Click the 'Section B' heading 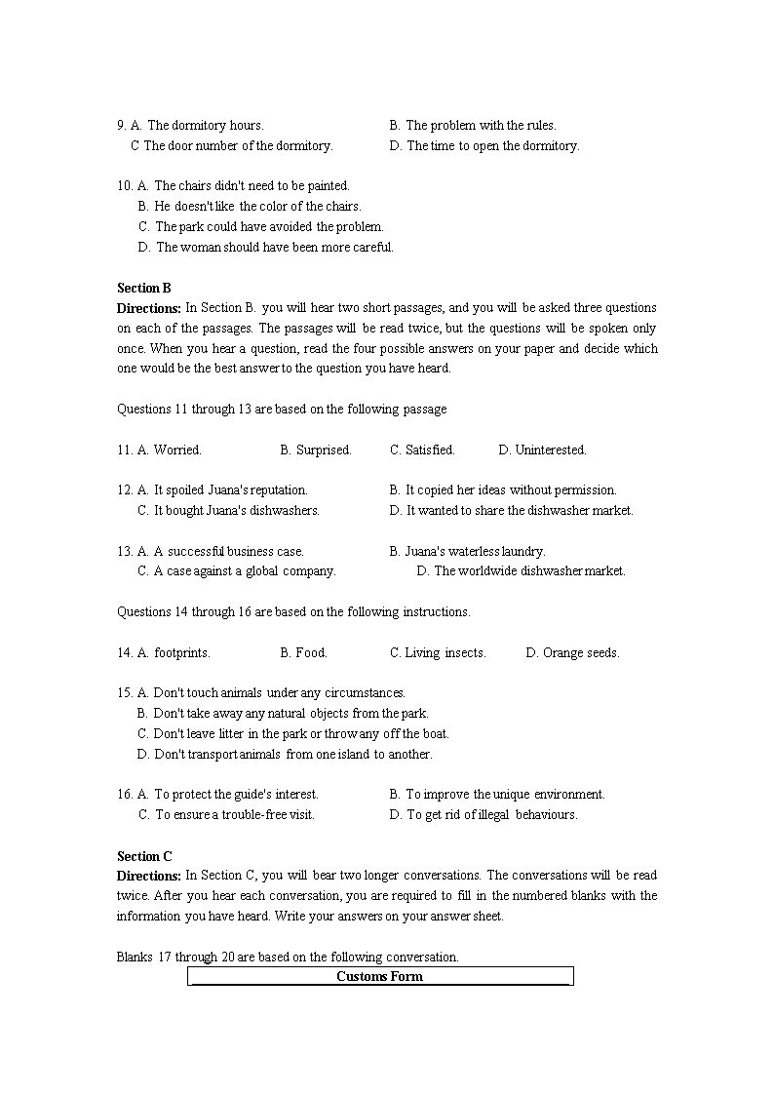(144, 288)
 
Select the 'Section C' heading (144, 856)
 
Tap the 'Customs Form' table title (379, 976)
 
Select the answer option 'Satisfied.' (429, 450)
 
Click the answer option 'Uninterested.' (550, 450)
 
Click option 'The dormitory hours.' (205, 125)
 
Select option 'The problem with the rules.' (481, 125)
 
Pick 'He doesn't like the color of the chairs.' (257, 206)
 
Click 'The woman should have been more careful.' (274, 247)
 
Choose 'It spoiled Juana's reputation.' (230, 489)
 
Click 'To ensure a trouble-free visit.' (234, 814)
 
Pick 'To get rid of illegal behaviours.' (491, 814)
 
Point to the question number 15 (124, 692)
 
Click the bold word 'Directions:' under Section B (149, 308)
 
